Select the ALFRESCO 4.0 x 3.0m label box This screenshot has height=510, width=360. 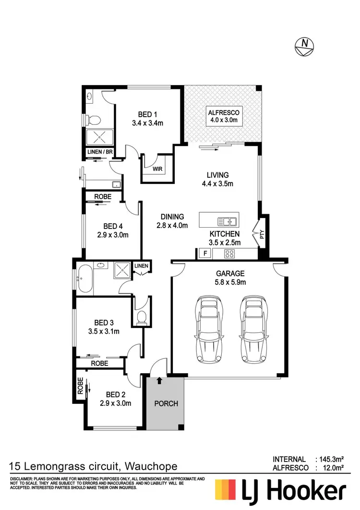[223, 117]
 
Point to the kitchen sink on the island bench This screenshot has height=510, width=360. [227, 221]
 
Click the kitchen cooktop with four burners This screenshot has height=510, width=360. [229, 254]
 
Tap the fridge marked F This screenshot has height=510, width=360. [205, 253]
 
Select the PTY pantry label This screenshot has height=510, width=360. [262, 235]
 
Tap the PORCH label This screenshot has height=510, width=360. [166, 403]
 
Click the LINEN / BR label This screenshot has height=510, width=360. [100, 152]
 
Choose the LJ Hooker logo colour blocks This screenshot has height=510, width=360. [228, 491]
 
